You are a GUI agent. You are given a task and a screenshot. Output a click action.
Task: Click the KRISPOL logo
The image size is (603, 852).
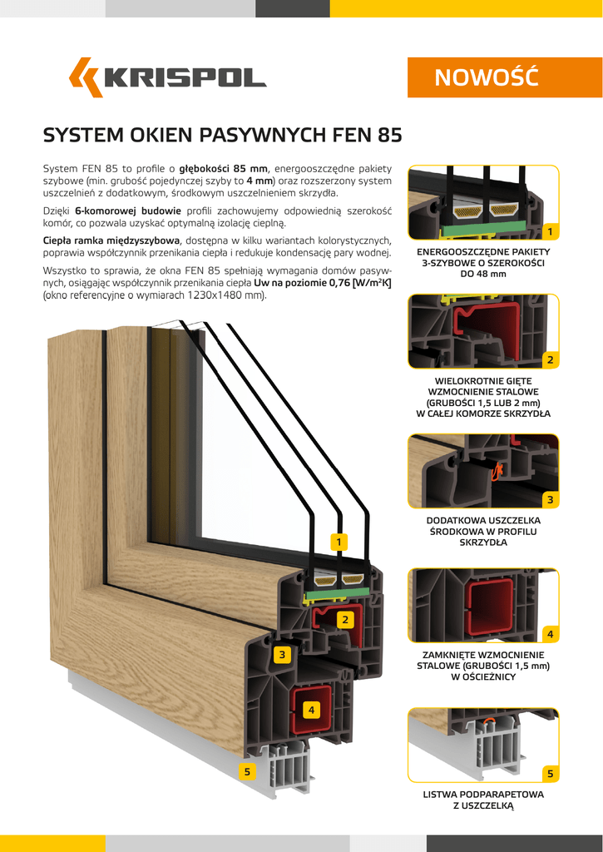pos(167,77)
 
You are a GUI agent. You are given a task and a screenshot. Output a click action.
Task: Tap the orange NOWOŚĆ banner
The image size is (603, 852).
pos(483,77)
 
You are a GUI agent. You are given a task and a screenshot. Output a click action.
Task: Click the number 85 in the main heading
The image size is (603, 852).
pos(388,135)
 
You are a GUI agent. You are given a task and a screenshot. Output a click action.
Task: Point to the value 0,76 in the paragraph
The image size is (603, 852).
pos(337,284)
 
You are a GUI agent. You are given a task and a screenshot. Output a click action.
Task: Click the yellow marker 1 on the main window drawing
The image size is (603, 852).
pos(339,542)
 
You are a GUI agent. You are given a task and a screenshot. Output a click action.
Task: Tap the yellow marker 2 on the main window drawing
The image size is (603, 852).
pos(345,619)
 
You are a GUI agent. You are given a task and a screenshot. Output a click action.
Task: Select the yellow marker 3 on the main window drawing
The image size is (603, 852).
pos(282,655)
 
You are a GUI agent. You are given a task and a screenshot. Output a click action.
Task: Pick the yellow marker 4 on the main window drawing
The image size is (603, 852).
pos(311,710)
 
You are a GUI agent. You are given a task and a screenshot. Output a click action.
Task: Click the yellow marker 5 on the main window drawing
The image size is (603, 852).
pos(247,771)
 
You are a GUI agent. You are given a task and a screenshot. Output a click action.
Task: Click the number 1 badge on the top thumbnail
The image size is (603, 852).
pos(551,232)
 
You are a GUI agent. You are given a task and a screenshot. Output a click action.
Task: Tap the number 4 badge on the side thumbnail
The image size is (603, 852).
pos(551,634)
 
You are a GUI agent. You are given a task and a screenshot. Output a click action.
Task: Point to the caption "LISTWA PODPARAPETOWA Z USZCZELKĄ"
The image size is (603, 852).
pos(483,800)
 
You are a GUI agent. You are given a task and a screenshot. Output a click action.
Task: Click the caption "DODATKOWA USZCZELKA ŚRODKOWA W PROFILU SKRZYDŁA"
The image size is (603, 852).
pos(483,531)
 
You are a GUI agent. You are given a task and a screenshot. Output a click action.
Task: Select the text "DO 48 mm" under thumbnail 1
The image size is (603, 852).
pos(483,274)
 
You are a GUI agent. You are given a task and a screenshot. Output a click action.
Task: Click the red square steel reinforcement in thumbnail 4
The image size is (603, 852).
pos(491,606)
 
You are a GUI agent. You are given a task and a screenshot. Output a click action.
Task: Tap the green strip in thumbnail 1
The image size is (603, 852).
pos(482,228)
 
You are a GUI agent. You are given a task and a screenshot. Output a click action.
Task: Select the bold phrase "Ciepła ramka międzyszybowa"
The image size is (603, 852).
pos(112,240)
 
